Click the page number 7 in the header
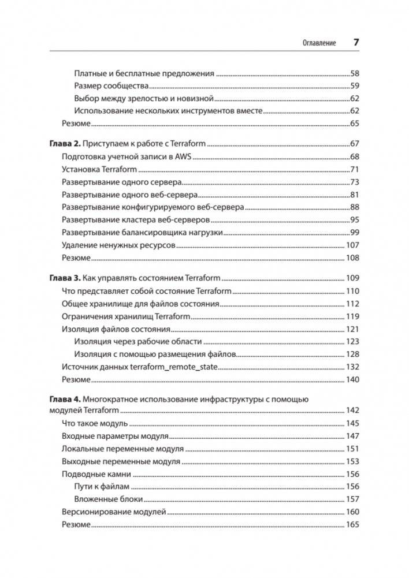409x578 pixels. (356, 43)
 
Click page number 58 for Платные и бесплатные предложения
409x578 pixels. (355, 74)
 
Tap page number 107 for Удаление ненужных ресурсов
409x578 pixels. (352, 245)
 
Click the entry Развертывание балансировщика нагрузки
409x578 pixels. (142, 233)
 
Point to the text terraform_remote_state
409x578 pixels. (176, 367)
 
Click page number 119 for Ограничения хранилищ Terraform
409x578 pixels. (352, 316)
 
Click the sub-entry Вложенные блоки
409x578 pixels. (109, 499)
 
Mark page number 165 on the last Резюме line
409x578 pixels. (352, 524)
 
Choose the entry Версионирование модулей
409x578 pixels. (114, 512)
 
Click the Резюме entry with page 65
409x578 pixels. (76, 124)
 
